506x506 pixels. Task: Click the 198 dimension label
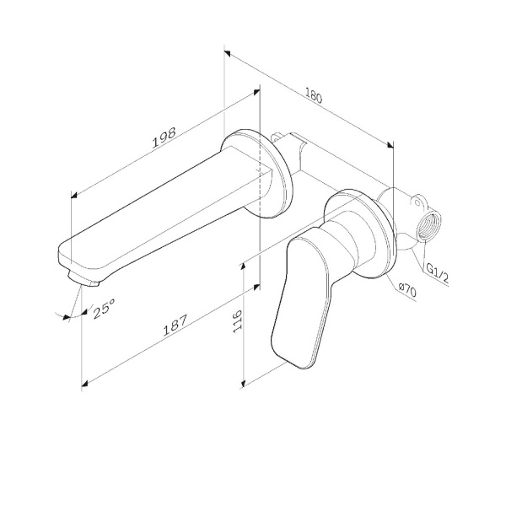coord(164,137)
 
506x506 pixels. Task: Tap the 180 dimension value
coord(314,96)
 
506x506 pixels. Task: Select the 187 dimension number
coord(175,326)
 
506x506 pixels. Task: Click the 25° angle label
coord(104,309)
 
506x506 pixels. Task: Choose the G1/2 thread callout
coord(437,273)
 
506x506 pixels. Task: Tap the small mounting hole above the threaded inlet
coord(417,203)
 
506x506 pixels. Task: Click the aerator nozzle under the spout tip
coord(83,278)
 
